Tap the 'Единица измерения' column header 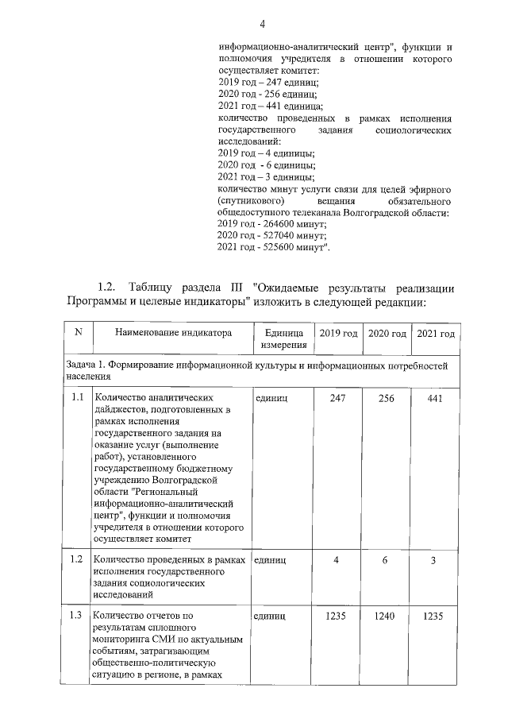point(279,339)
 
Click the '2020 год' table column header point(387,333)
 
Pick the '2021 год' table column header point(436,333)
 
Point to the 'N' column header point(78,333)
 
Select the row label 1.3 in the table point(77,615)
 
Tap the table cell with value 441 point(436,397)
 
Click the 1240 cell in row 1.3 point(387,615)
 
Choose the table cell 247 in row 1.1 point(337,397)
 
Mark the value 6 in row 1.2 point(387,560)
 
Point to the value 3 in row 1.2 point(436,560)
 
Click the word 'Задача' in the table point(83,365)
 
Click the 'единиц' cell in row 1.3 point(271,615)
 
